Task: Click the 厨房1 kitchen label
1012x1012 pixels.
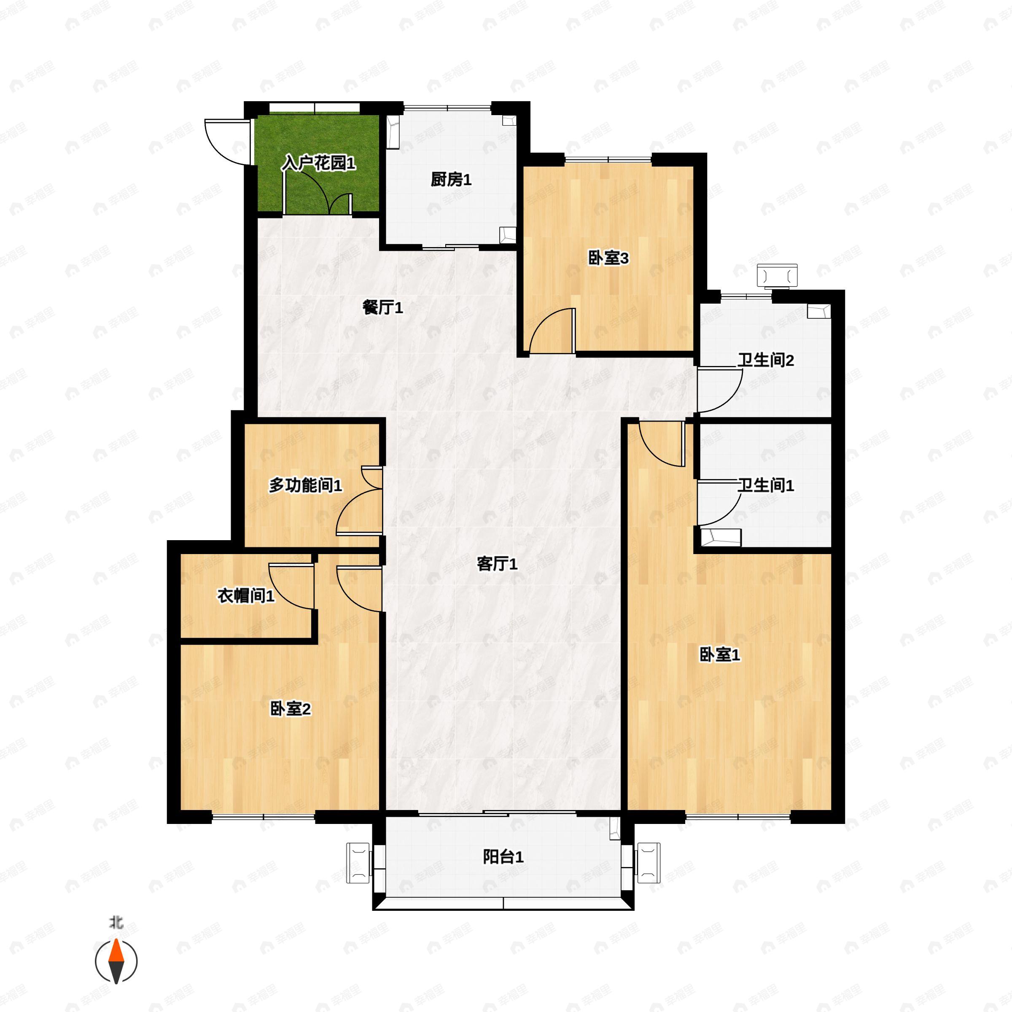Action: [x=451, y=180]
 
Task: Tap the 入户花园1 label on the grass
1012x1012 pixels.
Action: [x=318, y=164]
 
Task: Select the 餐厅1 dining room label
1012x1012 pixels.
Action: [x=383, y=307]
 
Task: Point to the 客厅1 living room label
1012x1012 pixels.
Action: [x=497, y=564]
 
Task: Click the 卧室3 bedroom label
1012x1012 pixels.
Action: [x=608, y=258]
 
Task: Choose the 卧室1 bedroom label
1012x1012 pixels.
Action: [x=720, y=654]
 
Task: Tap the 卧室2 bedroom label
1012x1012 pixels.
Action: [x=290, y=709]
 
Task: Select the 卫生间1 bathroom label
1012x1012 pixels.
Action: [x=766, y=485]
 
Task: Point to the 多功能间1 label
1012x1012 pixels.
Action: [x=305, y=485]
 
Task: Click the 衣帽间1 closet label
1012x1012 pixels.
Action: [x=246, y=595]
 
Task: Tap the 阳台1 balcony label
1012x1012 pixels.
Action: [x=503, y=857]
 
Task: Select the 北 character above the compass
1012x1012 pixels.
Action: [x=116, y=922]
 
